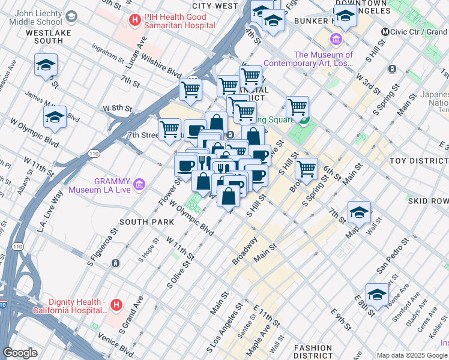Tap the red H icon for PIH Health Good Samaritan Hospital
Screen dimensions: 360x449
136,20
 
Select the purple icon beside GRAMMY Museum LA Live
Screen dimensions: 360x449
140,184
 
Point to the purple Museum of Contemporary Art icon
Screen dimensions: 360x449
335,40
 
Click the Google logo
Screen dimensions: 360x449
20,352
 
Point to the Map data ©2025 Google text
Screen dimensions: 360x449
412,355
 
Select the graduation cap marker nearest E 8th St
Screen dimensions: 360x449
377,295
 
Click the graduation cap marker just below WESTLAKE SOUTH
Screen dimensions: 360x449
46,66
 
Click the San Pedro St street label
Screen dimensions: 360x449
393,253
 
